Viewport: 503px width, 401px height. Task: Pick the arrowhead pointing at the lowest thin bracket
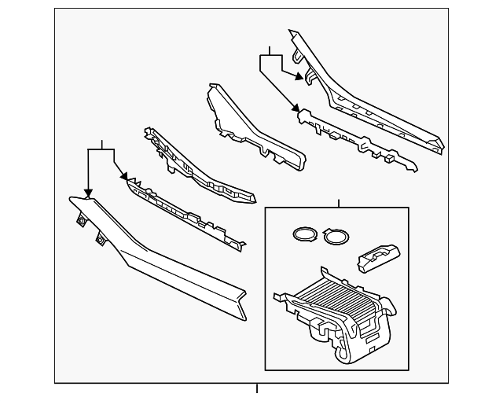[123, 178]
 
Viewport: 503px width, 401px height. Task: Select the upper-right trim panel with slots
[369, 98]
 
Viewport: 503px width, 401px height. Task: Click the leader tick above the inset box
[338, 204]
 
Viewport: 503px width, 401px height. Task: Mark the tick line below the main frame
[257, 388]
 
